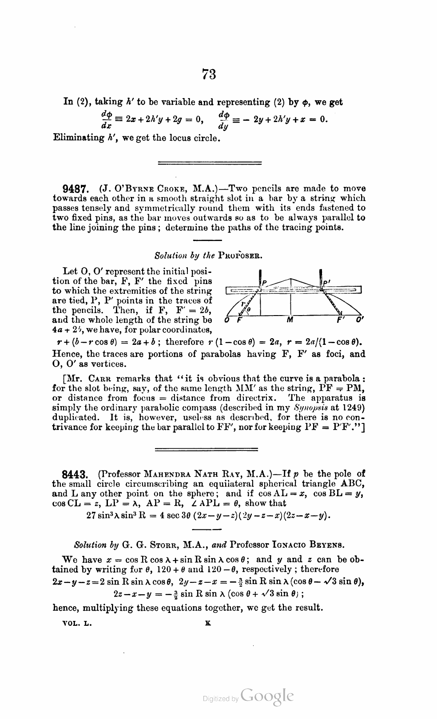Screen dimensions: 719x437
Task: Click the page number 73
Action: point(209,74)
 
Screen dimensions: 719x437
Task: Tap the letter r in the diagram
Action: point(243,304)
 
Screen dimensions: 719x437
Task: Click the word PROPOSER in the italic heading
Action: point(239,256)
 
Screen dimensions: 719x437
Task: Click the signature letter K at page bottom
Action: point(208,623)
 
